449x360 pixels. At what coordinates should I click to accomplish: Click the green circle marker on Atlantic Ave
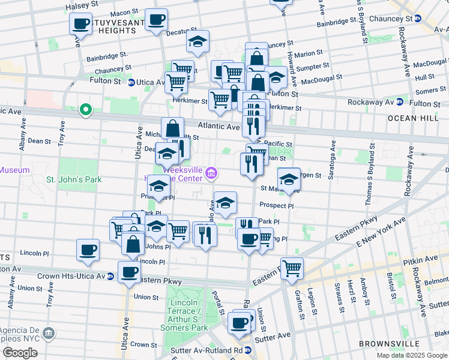pos(85,109)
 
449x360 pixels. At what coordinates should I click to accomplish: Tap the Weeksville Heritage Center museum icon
pos(211,174)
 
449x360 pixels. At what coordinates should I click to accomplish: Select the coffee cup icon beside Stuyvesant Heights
pos(80,24)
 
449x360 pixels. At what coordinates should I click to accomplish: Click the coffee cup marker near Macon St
pos(157,20)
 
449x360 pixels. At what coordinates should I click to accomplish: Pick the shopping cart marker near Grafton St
pos(292,268)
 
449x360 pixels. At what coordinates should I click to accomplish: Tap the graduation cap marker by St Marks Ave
pos(289,179)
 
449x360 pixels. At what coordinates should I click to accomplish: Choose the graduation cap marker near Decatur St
pos(197,42)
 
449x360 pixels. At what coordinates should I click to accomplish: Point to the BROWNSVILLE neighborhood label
pos(388,344)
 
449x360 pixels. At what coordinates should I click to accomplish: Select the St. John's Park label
pos(74,179)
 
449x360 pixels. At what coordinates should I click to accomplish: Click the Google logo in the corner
pos(20,353)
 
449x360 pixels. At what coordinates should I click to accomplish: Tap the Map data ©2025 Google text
pos(412,355)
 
